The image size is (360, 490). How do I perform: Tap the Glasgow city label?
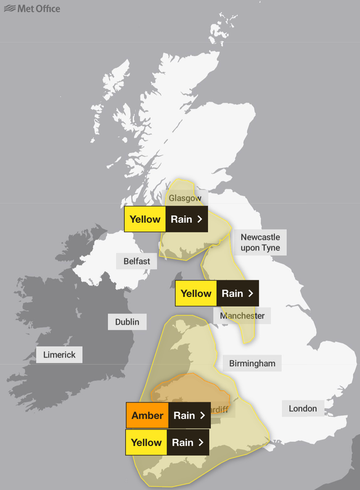tap(185, 198)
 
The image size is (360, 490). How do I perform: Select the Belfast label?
tap(137, 261)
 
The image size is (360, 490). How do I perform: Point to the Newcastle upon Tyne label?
tap(260, 242)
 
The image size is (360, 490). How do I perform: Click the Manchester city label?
tap(242, 315)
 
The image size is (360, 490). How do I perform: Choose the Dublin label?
tap(127, 322)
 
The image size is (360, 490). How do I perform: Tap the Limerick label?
tap(59, 355)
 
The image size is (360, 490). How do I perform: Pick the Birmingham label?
tap(252, 363)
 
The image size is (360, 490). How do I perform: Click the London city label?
tap(303, 409)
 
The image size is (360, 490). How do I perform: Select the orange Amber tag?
tap(147, 416)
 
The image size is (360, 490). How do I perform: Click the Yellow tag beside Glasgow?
tap(145, 219)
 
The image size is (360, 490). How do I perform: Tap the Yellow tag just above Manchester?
tap(196, 293)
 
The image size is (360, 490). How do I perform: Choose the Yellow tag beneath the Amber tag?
tap(146, 442)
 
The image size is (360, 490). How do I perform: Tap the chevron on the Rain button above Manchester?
tap(250, 293)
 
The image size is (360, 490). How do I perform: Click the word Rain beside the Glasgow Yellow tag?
tap(181, 219)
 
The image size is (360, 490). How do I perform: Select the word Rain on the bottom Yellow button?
tap(182, 442)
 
